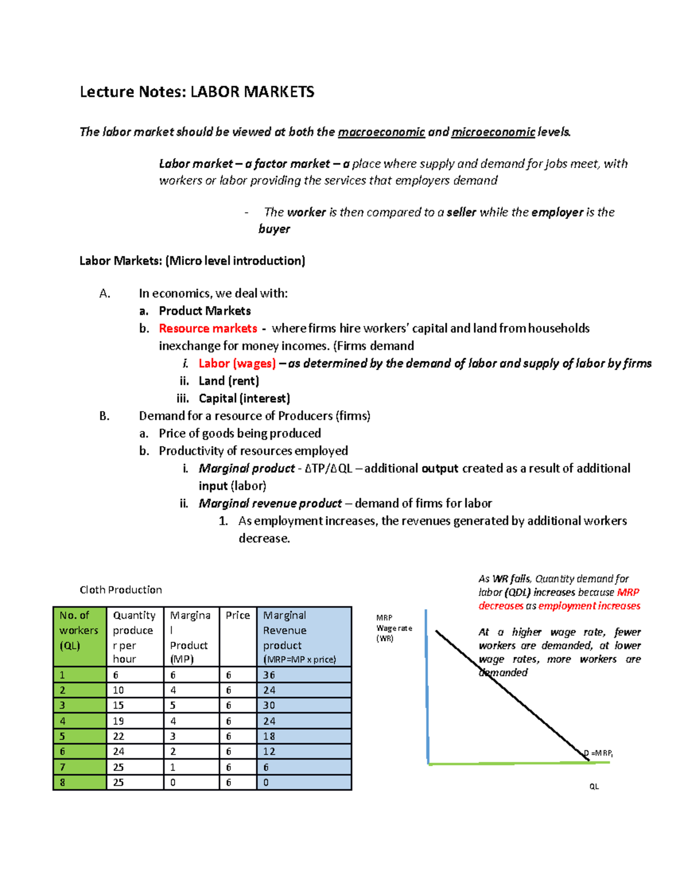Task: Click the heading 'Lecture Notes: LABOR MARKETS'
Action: coord(197,92)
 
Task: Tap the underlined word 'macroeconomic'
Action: coord(381,132)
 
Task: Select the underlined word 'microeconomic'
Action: coord(492,132)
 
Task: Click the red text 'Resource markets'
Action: coord(208,328)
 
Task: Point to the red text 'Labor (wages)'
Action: coord(237,363)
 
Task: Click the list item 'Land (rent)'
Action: coord(229,381)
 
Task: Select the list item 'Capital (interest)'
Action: coord(244,398)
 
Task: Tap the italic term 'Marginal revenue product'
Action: coord(270,503)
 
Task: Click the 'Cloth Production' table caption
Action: coord(121,590)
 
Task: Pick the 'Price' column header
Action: coord(238,615)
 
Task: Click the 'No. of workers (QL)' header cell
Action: coord(79,630)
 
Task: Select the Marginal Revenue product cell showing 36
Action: coord(269,675)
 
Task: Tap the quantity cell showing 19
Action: coord(119,721)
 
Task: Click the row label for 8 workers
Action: coord(63,783)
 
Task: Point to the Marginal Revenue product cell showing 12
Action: coord(269,752)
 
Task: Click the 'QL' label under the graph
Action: coord(594,787)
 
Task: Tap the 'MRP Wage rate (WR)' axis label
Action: coord(394,628)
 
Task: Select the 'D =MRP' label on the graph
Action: coord(598,753)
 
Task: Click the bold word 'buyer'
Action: coord(274,229)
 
